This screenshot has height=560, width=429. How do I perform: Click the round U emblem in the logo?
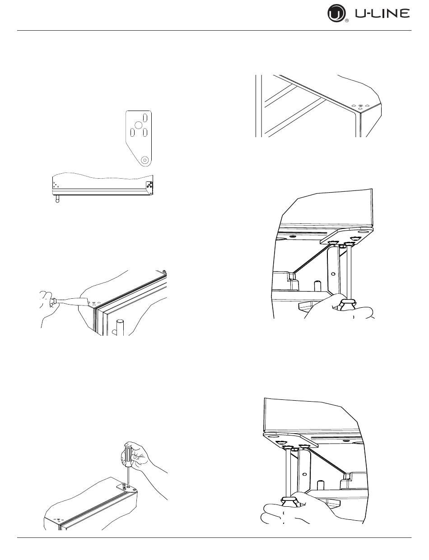coord(336,14)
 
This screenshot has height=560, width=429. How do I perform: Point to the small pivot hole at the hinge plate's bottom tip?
coord(144,160)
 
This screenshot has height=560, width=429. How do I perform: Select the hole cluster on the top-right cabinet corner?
coord(360,106)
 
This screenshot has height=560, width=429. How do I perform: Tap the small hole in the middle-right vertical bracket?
coord(332,273)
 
